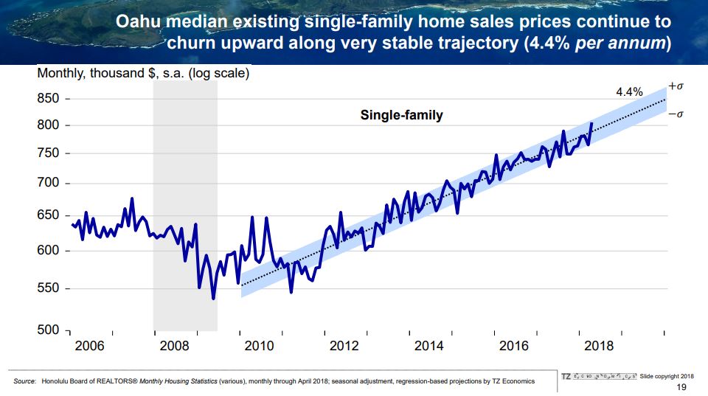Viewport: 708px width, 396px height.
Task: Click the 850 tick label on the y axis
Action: pyautogui.click(x=49, y=99)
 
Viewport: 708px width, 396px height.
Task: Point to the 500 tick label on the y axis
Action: pyautogui.click(x=49, y=330)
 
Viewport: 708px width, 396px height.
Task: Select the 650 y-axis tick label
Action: pyautogui.click(x=49, y=216)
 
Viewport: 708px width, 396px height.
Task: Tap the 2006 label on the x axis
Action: pyautogui.click(x=90, y=347)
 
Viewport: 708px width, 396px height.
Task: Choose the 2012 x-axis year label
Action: pyautogui.click(x=344, y=347)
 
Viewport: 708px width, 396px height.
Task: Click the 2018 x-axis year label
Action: pyautogui.click(x=599, y=347)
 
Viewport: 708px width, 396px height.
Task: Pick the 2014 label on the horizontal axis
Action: pyautogui.click(x=429, y=347)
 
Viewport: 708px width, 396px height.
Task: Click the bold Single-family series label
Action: pyautogui.click(x=401, y=115)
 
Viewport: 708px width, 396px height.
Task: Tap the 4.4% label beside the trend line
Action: pyautogui.click(x=629, y=92)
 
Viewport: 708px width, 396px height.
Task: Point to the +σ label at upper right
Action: pyautogui.click(x=676, y=86)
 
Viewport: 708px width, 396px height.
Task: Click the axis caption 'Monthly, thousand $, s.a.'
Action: pyautogui.click(x=143, y=74)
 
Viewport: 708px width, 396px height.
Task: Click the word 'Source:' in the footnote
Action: pyautogui.click(x=25, y=381)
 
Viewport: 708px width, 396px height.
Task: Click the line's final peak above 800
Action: pyautogui.click(x=591, y=123)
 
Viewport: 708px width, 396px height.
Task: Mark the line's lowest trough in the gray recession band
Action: pyautogui.click(x=213, y=298)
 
